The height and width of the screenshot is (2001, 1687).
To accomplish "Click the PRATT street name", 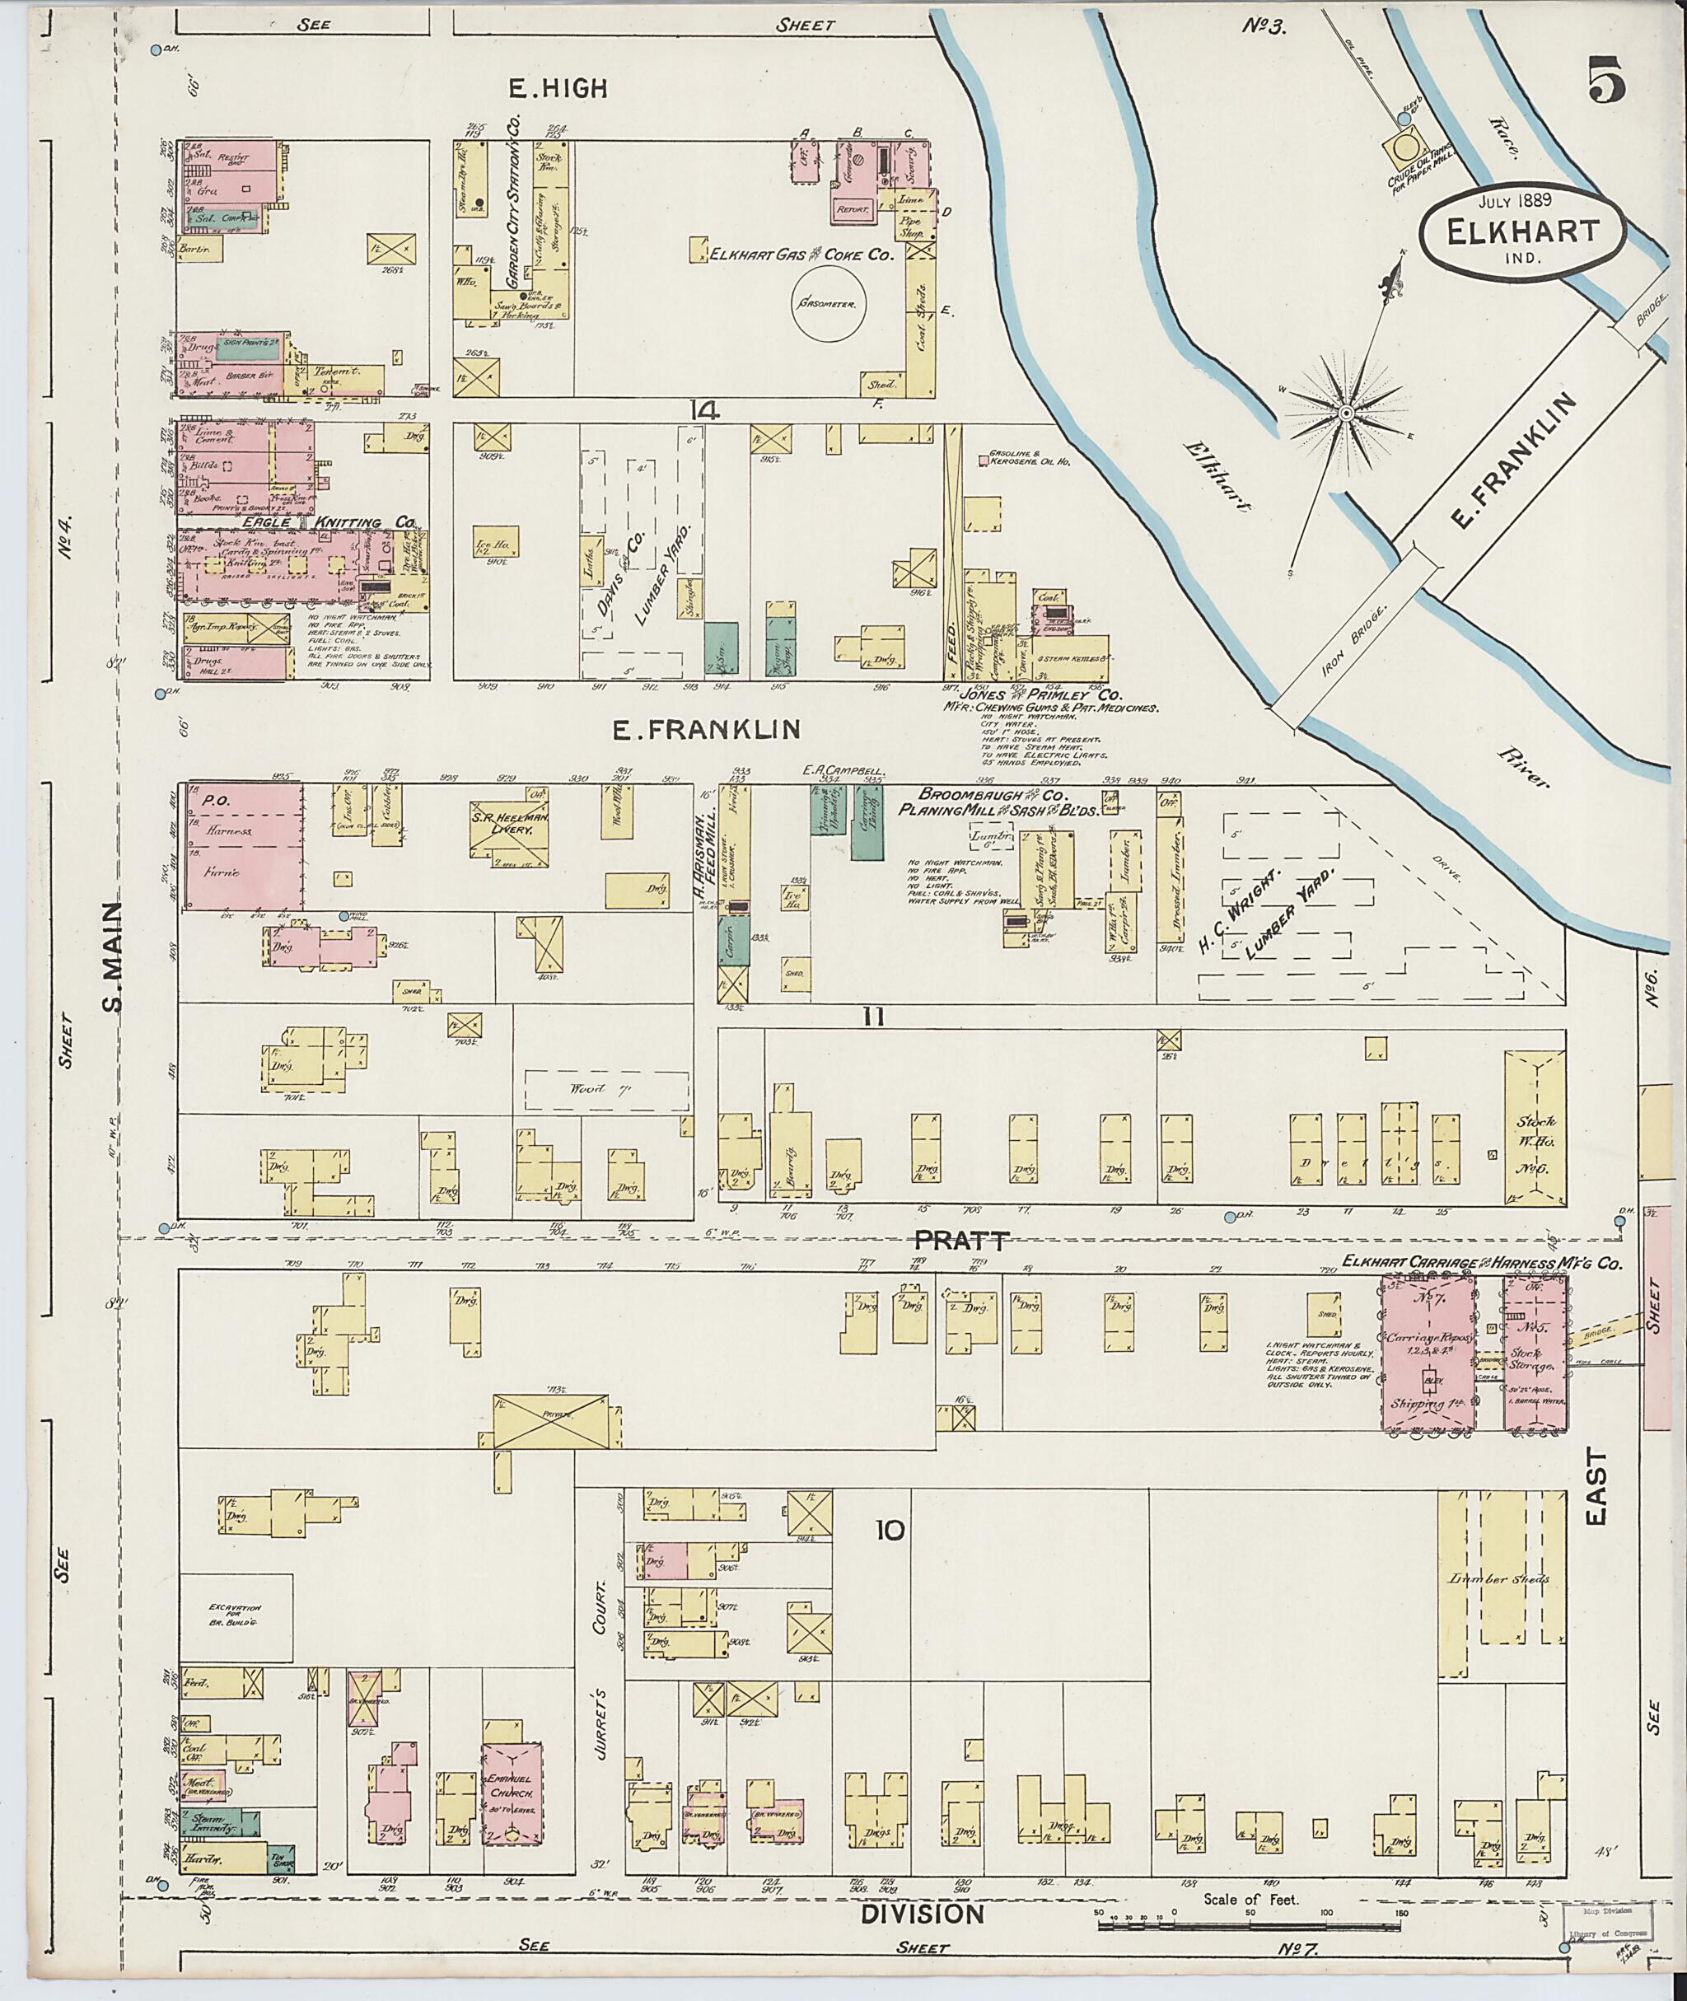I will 961,1241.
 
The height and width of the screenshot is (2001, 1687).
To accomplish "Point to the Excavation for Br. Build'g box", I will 236,1615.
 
